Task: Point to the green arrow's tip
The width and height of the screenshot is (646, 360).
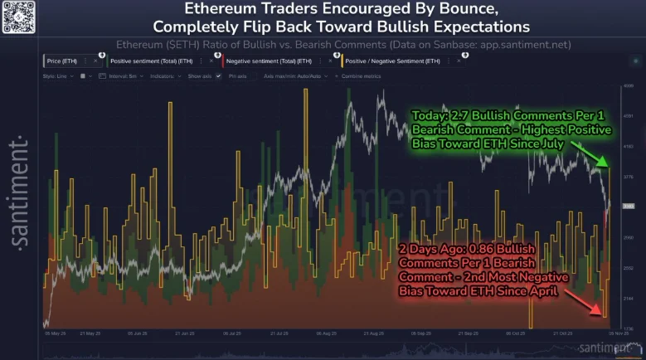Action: point(608,164)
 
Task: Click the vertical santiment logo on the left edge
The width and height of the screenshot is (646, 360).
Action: point(18,190)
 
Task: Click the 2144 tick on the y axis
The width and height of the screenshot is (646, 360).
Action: point(629,297)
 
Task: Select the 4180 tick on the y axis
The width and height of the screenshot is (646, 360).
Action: point(629,145)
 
